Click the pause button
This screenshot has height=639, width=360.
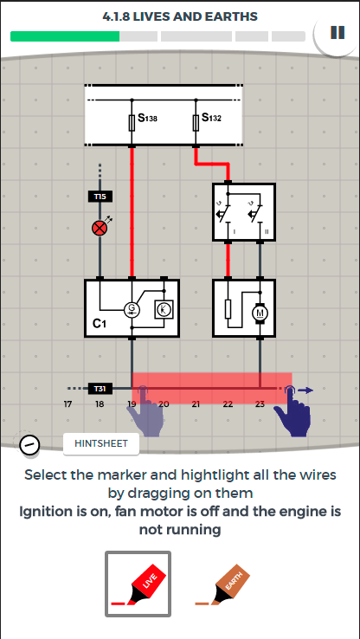337,32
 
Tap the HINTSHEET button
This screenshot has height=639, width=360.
101,443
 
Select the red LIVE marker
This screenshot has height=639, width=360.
138,584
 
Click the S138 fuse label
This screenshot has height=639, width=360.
147,118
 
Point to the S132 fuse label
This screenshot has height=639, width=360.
211,118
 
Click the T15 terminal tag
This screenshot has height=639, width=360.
100,197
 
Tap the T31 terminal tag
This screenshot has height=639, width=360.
100,389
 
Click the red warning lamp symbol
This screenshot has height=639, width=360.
99,229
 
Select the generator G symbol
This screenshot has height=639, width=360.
132,311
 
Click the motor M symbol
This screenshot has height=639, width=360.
260,313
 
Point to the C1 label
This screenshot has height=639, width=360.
99,324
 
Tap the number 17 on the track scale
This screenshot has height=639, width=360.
67,404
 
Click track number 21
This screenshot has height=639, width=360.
196,404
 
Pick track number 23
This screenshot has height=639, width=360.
260,404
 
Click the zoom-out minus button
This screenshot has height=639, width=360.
29,444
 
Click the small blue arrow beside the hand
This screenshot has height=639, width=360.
305,390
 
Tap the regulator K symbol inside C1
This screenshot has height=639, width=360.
164,310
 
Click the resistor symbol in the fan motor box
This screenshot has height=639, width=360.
228,310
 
